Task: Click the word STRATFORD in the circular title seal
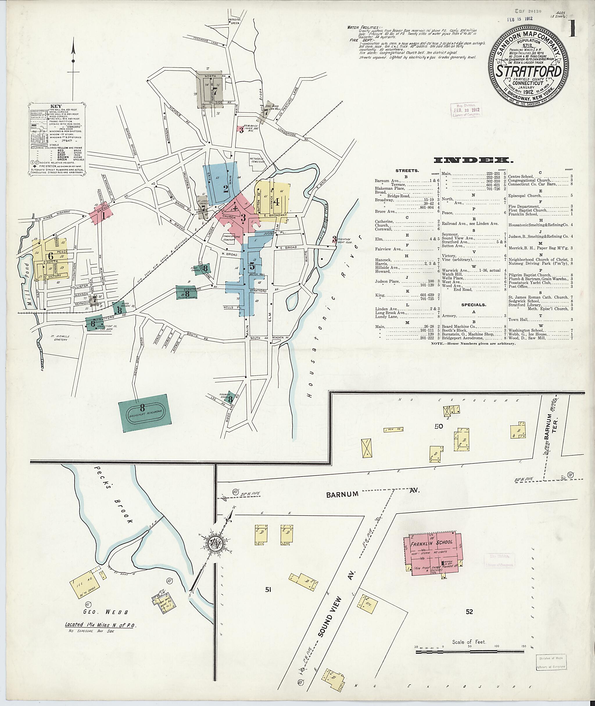(528, 72)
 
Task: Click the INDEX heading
(474, 160)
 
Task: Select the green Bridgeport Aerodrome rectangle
(144, 414)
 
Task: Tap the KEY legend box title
(56, 106)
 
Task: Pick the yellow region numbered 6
(51, 255)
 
